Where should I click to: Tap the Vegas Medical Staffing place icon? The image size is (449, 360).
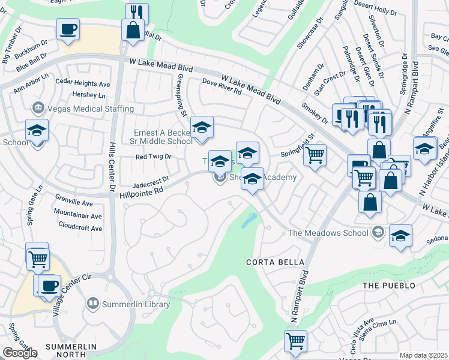click(38, 108)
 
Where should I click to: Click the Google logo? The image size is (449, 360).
click(20, 353)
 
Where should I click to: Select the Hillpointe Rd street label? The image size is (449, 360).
click(141, 189)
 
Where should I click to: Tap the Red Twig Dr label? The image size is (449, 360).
click(153, 157)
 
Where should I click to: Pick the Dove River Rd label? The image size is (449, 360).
click(221, 88)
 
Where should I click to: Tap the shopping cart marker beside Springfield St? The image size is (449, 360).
click(315, 155)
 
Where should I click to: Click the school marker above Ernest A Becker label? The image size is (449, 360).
click(202, 128)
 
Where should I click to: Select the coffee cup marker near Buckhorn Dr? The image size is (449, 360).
click(68, 28)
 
